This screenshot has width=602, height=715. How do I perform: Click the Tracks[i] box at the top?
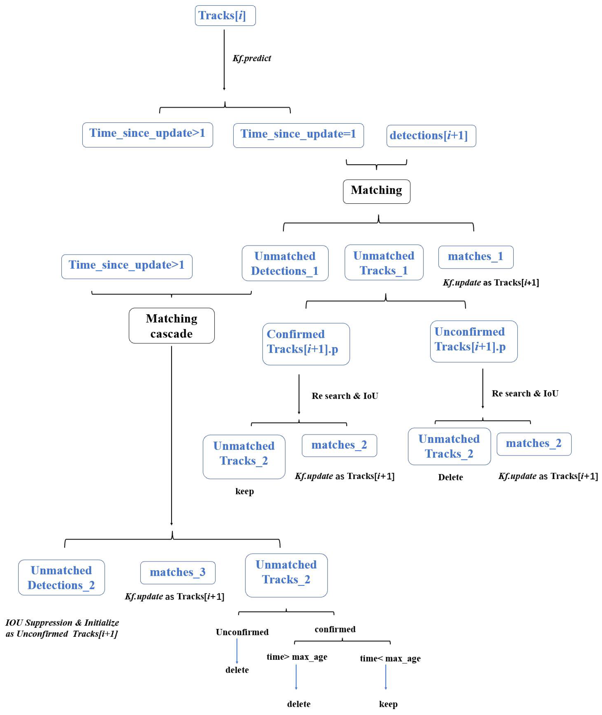point(225,16)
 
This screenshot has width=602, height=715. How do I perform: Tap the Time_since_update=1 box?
point(298,135)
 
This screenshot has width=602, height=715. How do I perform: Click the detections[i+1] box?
point(431,136)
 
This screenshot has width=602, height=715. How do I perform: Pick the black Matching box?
point(376,191)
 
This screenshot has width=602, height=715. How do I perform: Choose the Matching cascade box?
point(171,326)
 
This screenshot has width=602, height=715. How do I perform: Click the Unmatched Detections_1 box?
point(285,263)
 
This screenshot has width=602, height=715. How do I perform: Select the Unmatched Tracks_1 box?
point(384,263)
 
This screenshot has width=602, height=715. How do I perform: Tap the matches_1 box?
point(476,257)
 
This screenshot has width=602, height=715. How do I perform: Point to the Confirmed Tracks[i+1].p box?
point(306,344)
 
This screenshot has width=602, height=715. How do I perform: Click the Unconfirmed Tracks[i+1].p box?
point(474,341)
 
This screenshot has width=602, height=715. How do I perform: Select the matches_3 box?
point(178,573)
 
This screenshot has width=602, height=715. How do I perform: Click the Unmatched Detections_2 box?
point(61,578)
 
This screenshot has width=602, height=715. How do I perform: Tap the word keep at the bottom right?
point(388,704)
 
